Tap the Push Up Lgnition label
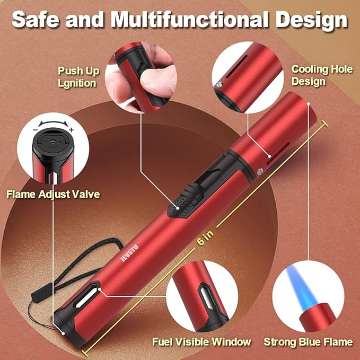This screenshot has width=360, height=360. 78,77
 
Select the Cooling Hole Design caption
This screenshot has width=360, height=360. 322,75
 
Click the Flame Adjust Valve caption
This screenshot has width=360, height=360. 53,194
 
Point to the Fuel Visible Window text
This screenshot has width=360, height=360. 201,342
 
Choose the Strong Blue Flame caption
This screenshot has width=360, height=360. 308,342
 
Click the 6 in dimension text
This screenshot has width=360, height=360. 205,238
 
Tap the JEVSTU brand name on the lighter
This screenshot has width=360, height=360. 130,253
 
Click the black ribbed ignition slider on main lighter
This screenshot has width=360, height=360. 181,204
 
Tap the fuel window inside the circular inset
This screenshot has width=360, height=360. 207,297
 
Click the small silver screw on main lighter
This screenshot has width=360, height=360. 260,171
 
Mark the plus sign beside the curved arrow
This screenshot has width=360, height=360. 72,130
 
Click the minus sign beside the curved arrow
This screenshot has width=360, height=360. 35,130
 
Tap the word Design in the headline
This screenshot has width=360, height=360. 312,20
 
